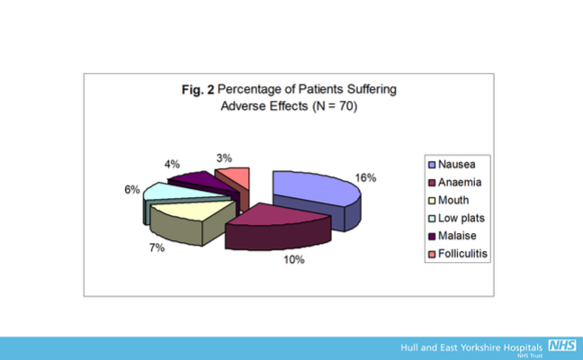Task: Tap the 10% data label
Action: pyautogui.click(x=296, y=260)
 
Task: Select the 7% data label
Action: pyautogui.click(x=157, y=247)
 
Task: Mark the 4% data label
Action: pyautogui.click(x=173, y=165)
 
